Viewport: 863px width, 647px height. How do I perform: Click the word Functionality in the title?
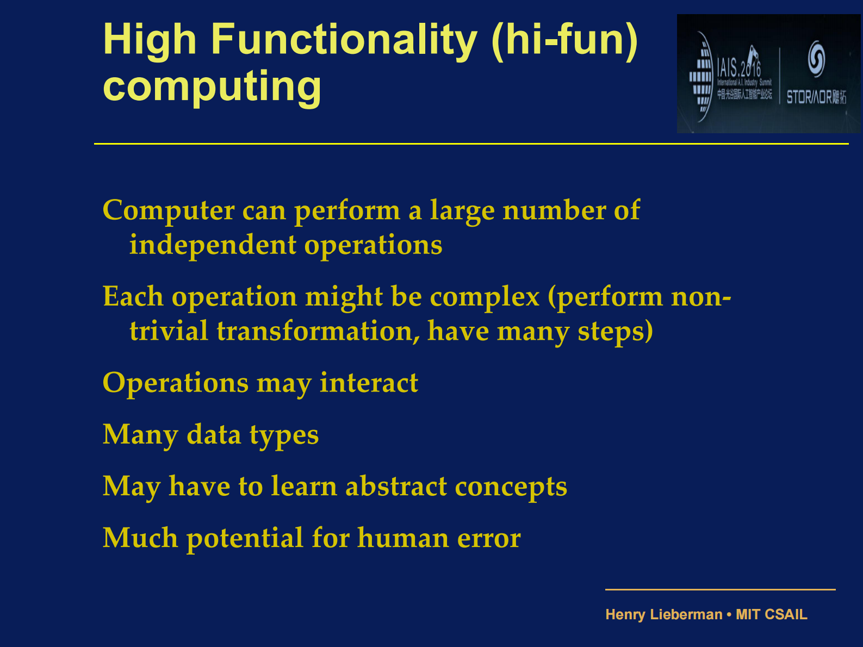coord(344,40)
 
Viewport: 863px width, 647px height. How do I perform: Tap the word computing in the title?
coord(212,86)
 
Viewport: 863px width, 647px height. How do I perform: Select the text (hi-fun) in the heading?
coord(564,40)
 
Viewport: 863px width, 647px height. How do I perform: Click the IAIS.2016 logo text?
coord(738,69)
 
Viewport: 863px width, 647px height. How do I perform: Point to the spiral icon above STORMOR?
coord(816,59)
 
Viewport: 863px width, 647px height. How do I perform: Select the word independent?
coord(212,245)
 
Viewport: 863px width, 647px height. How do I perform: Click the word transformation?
coord(318,331)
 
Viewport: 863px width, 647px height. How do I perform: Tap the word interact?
coord(369,383)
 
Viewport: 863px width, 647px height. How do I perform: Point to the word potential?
coord(245,538)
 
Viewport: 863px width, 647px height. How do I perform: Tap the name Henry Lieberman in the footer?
coord(663,614)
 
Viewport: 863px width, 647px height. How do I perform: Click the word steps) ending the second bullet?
coord(615,331)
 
